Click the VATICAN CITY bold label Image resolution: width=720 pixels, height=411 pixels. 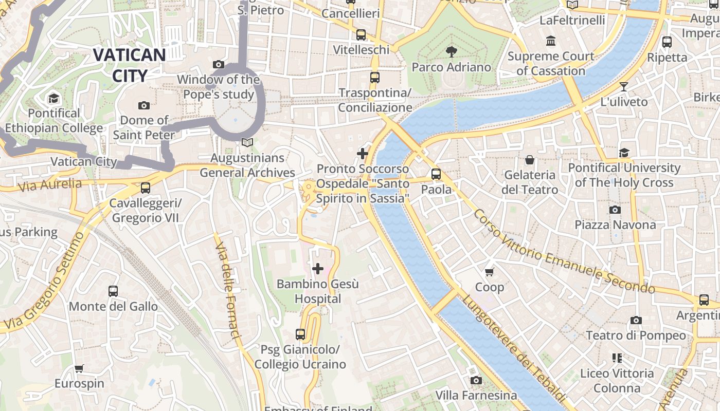click(129, 65)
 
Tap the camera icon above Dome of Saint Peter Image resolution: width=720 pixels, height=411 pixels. click(144, 105)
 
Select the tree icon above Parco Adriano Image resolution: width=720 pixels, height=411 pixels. click(452, 51)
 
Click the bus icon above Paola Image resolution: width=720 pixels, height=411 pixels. click(436, 174)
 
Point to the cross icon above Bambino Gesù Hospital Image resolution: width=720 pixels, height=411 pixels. click(318, 268)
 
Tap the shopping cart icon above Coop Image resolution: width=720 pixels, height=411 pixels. click(489, 272)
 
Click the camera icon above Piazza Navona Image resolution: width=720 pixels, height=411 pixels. click(615, 210)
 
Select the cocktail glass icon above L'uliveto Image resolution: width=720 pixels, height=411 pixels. click(624, 86)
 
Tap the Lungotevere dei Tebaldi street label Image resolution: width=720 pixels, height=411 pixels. click(514, 349)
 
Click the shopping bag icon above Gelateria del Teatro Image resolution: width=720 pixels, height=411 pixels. click(530, 160)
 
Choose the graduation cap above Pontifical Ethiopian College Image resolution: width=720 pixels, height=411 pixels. click(53, 98)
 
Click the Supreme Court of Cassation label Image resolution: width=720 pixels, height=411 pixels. click(551, 63)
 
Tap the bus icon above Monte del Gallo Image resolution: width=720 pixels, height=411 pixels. click(113, 291)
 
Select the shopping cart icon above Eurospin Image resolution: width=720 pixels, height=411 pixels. click(79, 368)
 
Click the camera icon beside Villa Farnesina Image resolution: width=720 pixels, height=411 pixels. click(476, 380)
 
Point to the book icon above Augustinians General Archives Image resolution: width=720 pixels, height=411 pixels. click(247, 142)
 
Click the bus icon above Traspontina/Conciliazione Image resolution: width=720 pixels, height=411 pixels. click(375, 78)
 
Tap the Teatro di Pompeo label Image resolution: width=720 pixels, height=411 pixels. click(636, 335)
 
